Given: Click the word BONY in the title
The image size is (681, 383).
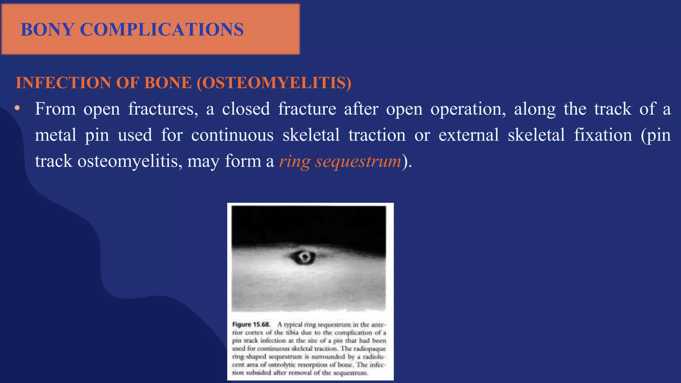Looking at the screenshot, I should [x=47, y=29].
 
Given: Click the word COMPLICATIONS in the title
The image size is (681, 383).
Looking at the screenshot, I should [x=162, y=29].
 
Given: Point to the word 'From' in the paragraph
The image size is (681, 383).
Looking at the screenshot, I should [x=55, y=109].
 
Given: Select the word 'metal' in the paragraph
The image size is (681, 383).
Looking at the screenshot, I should [x=56, y=135].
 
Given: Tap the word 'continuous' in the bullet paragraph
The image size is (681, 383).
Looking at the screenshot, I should [x=232, y=135].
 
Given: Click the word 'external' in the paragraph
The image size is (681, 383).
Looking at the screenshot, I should [x=469, y=135].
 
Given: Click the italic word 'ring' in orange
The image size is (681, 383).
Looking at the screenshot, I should [x=295, y=161].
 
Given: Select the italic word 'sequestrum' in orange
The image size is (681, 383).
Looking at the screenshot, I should [x=358, y=161].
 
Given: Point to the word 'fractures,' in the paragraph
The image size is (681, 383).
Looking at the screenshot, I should [x=163, y=109].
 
